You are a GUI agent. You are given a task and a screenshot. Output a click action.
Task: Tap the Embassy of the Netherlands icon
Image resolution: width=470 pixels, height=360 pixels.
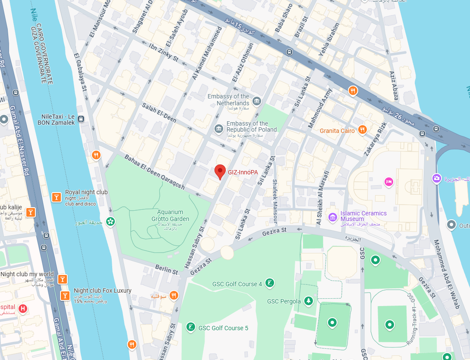click(x=257, y=101)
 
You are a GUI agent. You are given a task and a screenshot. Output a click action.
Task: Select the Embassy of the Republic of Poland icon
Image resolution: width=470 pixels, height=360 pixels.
click(x=219, y=128)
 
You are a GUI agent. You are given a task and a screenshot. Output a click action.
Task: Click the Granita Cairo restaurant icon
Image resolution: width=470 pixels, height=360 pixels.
click(x=362, y=129)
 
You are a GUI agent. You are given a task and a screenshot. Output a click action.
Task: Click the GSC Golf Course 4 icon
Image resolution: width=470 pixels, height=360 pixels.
click(x=270, y=283)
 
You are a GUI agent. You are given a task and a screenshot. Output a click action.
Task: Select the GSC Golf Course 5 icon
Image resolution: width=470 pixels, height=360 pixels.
click(x=190, y=327)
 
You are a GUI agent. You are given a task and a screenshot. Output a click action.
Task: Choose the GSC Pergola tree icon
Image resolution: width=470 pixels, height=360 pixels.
click(x=308, y=301)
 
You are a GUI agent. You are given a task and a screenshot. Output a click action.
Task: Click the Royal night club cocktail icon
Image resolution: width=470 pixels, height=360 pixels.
click(x=56, y=197)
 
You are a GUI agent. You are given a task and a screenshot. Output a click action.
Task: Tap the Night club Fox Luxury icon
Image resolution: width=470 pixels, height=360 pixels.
click(x=65, y=296)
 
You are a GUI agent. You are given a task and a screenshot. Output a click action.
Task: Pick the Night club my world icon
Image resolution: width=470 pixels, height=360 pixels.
click(x=63, y=279)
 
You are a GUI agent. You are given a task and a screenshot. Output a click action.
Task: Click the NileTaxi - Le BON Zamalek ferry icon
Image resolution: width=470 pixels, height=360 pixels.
click(x=82, y=119)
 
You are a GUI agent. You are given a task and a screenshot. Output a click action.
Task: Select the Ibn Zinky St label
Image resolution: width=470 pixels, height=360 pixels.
click(x=164, y=51)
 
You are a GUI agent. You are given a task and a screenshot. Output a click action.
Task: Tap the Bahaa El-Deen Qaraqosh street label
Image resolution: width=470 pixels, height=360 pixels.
click(x=155, y=172)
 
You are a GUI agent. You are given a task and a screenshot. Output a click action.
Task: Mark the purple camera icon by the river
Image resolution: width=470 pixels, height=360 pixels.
click(x=437, y=178)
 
